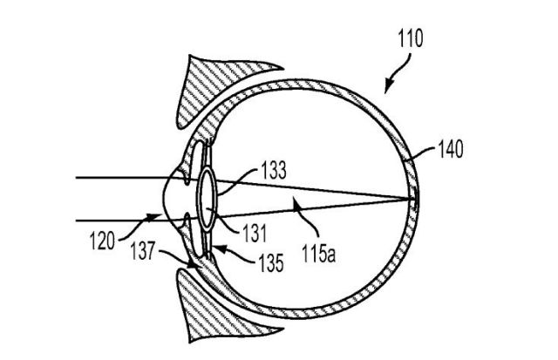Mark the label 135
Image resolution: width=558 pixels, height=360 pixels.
(x=266, y=258)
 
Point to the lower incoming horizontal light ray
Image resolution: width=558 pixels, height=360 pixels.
(x=113, y=218)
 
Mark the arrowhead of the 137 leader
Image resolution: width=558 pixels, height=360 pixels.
(x=193, y=263)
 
